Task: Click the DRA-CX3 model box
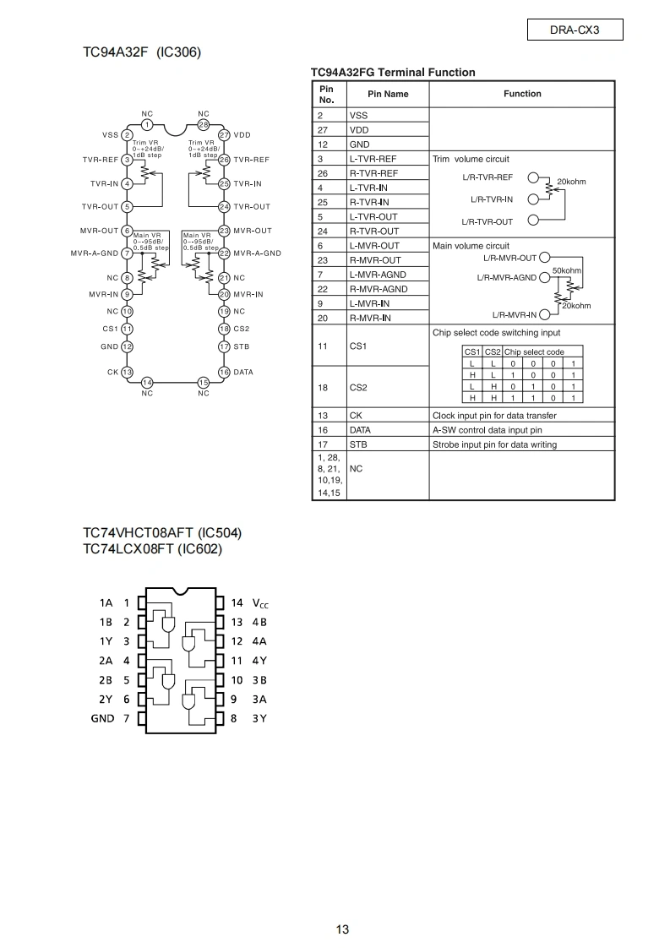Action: pyautogui.click(x=575, y=30)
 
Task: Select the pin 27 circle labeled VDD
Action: pyautogui.click(x=225, y=135)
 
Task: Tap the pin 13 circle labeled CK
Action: pyautogui.click(x=127, y=372)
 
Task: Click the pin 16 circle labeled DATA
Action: pyautogui.click(x=225, y=372)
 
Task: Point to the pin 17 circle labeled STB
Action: pyautogui.click(x=225, y=346)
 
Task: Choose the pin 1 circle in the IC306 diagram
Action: pyautogui.click(x=147, y=124)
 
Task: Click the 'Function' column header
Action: pyautogui.click(x=522, y=94)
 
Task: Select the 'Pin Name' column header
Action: pyautogui.click(x=388, y=94)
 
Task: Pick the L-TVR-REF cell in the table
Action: pyautogui.click(x=373, y=159)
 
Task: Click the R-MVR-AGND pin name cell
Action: pyautogui.click(x=379, y=289)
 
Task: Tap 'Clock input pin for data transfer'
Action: pyautogui.click(x=494, y=416)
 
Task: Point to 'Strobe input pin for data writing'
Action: pyautogui.click(x=494, y=444)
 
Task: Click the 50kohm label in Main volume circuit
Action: pyautogui.click(x=567, y=270)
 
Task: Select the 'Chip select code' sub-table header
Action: pyautogui.click(x=534, y=351)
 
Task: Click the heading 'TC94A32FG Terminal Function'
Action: pyautogui.click(x=393, y=73)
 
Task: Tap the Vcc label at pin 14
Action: pyautogui.click(x=260, y=603)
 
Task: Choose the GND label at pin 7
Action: pyautogui.click(x=102, y=718)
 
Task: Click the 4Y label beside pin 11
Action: pyautogui.click(x=259, y=661)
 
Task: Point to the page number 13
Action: pyautogui.click(x=342, y=929)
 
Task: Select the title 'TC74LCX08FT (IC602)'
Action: pyautogui.click(x=152, y=549)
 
